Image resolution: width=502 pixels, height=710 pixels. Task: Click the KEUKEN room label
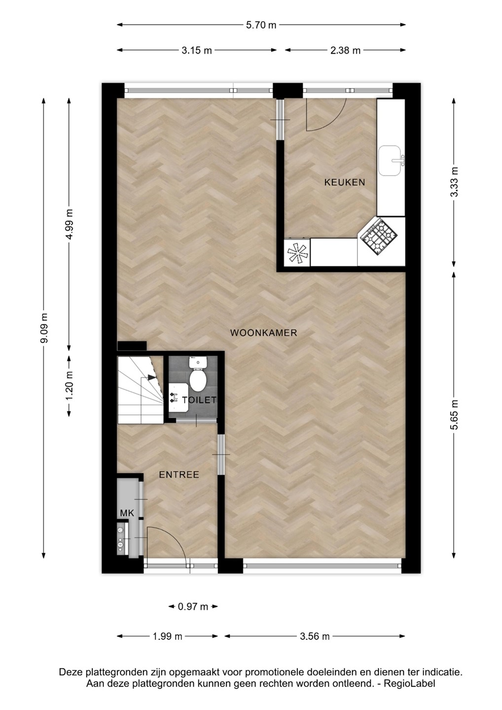tap(345, 182)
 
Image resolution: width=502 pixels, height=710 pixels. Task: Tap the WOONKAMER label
tap(263, 333)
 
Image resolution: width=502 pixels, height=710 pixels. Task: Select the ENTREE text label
tap(179, 474)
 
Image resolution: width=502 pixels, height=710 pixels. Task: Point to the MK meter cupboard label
tap(127, 513)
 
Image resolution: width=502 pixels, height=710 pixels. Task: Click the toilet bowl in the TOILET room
tap(198, 374)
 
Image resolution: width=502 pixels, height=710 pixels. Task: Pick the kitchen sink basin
tap(390, 161)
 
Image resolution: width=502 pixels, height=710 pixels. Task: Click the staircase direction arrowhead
tap(152, 377)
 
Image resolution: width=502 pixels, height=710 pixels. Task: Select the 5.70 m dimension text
tap(261, 25)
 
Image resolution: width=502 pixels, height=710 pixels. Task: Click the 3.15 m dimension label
tap(196, 50)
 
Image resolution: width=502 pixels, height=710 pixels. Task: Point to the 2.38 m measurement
tap(346, 50)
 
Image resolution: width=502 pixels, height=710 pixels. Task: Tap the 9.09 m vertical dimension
tap(44, 328)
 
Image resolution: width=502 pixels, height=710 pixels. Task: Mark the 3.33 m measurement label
tap(455, 182)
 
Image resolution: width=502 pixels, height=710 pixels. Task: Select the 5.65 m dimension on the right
tap(455, 415)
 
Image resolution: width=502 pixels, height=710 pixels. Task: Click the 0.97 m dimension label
tap(193, 606)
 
